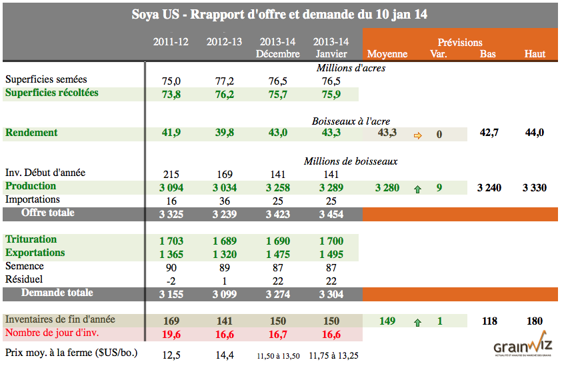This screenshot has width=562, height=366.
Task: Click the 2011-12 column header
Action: click(171, 42)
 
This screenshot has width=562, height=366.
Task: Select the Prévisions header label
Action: click(460, 42)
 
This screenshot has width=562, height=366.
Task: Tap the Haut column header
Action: click(535, 54)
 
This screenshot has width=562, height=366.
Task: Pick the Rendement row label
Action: click(31, 133)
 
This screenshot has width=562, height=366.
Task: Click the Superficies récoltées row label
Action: click(51, 93)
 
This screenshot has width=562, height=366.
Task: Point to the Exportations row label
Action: click(35, 253)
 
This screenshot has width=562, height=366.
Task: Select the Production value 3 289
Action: click(331, 187)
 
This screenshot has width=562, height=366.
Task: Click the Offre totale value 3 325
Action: click(171, 214)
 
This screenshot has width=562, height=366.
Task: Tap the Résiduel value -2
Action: click(171, 280)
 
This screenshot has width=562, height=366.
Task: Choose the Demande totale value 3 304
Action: click(331, 294)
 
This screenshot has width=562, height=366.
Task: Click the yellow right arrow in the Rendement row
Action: click(418, 134)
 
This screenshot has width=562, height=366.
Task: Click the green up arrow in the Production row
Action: click(418, 189)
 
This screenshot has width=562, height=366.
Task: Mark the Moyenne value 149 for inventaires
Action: click(387, 321)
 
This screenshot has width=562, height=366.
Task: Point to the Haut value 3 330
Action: click(534, 187)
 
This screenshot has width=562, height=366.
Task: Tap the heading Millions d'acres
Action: click(351, 67)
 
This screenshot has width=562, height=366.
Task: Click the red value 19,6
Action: click(171, 333)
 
